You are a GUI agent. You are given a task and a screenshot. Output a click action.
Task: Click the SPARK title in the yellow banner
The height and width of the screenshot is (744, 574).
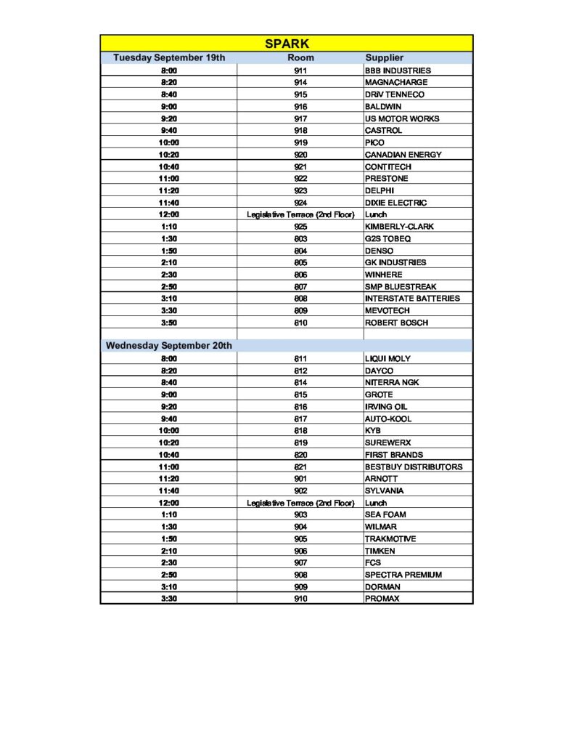tap(287, 44)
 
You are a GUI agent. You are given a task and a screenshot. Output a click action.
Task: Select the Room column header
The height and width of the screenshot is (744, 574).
tap(300, 57)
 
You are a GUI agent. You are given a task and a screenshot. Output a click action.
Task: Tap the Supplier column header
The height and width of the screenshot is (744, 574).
tap(384, 57)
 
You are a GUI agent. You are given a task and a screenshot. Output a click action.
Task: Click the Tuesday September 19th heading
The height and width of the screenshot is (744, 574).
tap(169, 57)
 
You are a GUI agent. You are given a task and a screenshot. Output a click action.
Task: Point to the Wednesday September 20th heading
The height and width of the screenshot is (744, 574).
tap(169, 346)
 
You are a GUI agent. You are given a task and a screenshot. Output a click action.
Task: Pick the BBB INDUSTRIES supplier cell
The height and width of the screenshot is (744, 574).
tap(398, 70)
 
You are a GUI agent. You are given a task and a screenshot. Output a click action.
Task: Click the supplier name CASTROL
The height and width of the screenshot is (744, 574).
tap(383, 131)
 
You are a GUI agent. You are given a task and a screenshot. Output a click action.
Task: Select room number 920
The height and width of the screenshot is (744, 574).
tap(300, 155)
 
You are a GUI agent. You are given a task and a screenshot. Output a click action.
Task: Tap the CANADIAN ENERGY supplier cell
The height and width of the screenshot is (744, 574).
tap(403, 155)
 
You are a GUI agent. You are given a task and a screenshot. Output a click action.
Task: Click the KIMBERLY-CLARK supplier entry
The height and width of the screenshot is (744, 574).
tap(399, 227)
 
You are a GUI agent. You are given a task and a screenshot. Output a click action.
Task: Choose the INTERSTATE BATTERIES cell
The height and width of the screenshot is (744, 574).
tap(412, 299)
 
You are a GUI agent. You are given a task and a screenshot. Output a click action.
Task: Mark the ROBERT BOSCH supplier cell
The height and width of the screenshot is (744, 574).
tap(396, 323)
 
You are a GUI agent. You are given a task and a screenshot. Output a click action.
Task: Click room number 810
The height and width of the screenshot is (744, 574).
tap(300, 323)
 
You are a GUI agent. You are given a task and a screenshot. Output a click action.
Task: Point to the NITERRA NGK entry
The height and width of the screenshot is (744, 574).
tap(392, 383)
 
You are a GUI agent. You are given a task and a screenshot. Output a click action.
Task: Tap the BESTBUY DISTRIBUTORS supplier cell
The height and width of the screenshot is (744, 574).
tap(413, 466)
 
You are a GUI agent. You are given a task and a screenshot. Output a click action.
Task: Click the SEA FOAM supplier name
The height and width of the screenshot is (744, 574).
tap(385, 514)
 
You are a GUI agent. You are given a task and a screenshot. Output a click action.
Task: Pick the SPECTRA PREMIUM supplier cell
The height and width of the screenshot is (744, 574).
tap(403, 575)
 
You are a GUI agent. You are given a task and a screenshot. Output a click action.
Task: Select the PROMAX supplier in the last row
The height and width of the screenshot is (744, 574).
tap(382, 599)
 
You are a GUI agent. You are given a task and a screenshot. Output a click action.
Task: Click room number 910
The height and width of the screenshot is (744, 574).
tap(300, 599)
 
